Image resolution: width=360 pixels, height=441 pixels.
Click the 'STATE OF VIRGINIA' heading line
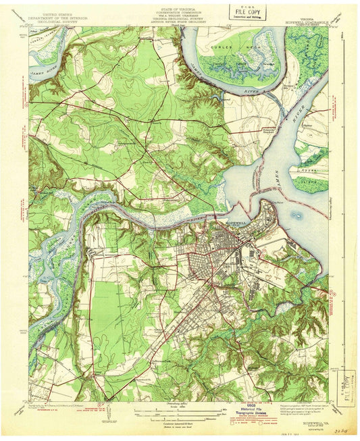[180, 7]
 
